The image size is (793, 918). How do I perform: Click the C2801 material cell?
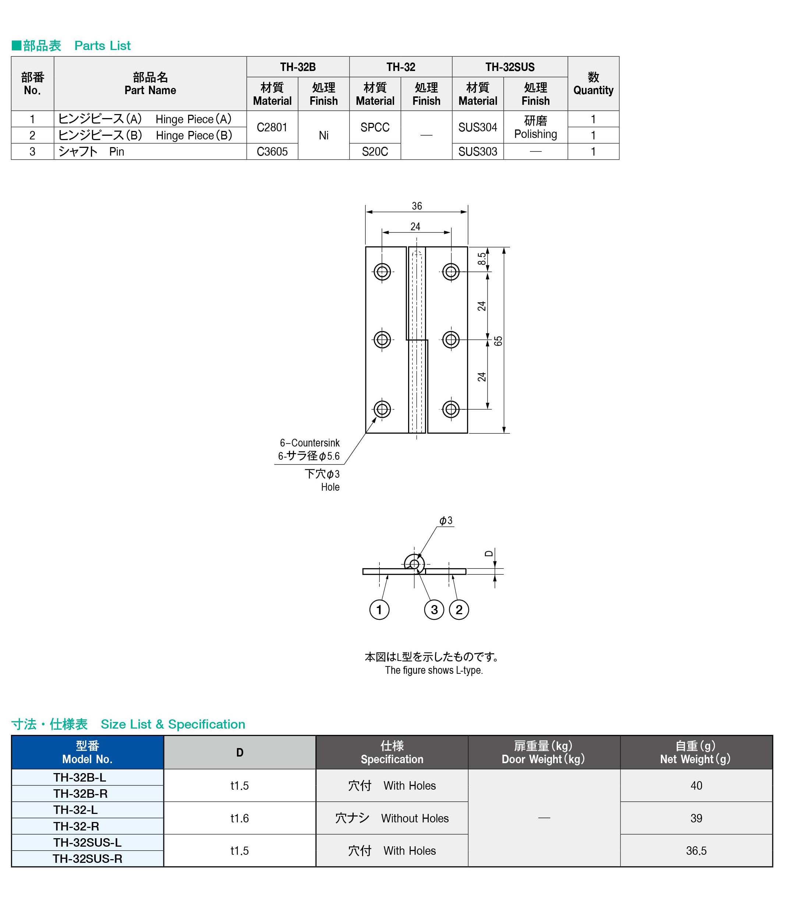272,127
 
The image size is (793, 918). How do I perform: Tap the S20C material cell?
375,152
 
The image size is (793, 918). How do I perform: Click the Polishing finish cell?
535,127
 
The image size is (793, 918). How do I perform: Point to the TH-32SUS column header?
509,67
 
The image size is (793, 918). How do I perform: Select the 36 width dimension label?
416,206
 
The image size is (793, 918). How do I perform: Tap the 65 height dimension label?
498,341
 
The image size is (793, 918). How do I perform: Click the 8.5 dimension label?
481,259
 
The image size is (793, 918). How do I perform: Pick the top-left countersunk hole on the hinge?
382,271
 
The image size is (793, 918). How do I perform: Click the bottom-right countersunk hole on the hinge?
451,409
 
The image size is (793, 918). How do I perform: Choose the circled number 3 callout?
434,610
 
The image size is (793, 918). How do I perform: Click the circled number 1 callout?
379,610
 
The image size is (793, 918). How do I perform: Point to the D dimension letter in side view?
488,554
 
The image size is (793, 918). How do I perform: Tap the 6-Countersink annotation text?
309,442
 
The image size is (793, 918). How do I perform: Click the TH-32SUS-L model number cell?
87,842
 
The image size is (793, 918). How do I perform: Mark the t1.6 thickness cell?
239,818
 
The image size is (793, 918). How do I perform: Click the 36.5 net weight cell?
695,850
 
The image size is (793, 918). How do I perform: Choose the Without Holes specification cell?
392,818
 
